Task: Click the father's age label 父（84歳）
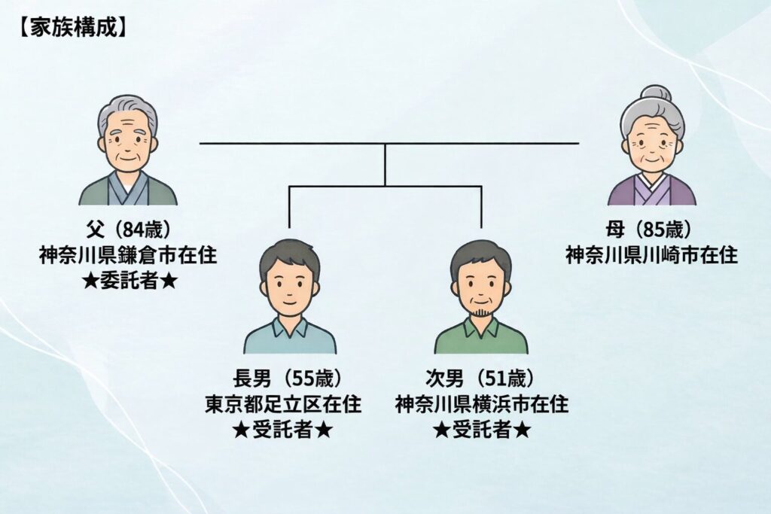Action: click(x=128, y=229)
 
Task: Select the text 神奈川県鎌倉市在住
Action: click(x=128, y=255)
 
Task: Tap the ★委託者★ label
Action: click(x=128, y=281)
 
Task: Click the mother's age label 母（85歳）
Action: click(x=652, y=229)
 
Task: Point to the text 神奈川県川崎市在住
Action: click(x=652, y=255)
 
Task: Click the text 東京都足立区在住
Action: click(x=289, y=404)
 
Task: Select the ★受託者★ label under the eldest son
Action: click(x=289, y=430)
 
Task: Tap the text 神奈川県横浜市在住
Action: click(x=481, y=404)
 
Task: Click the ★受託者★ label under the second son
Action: click(x=481, y=430)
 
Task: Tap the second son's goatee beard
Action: click(x=481, y=311)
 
